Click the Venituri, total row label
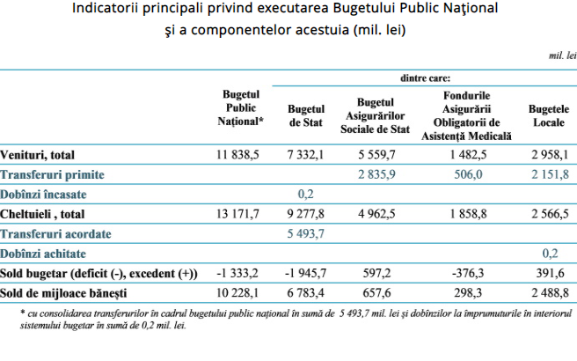37,155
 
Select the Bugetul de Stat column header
306,115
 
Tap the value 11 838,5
237,155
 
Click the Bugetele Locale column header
549,115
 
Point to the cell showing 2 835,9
376,174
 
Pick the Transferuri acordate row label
55,234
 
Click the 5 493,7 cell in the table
306,233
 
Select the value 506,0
468,174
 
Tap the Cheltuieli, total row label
42,214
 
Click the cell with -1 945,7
305,273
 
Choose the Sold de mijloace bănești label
63,293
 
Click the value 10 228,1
237,293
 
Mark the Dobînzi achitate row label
43,254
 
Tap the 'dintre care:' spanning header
425,78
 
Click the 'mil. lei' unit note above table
563,55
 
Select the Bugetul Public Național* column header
241,108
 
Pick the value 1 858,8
468,214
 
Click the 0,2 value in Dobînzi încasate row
306,194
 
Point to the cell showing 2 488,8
550,293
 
